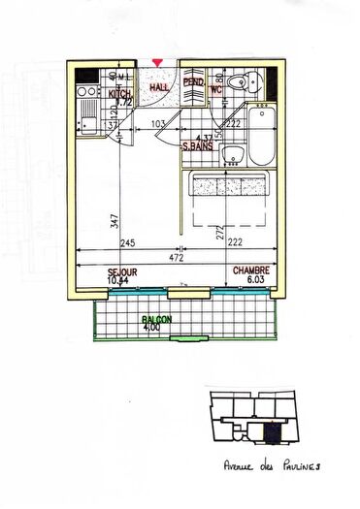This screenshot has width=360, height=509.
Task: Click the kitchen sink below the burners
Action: tap(85, 122)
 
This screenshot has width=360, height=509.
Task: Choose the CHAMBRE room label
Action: tap(250, 271)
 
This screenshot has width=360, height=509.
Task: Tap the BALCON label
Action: tap(157, 318)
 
